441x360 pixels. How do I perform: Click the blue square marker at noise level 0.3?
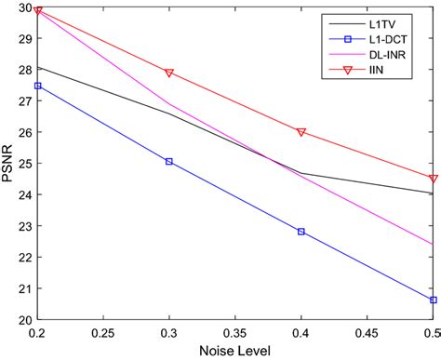[169, 162]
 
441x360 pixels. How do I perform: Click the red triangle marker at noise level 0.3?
[169, 73]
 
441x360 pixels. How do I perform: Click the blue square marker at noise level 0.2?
[37, 86]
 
